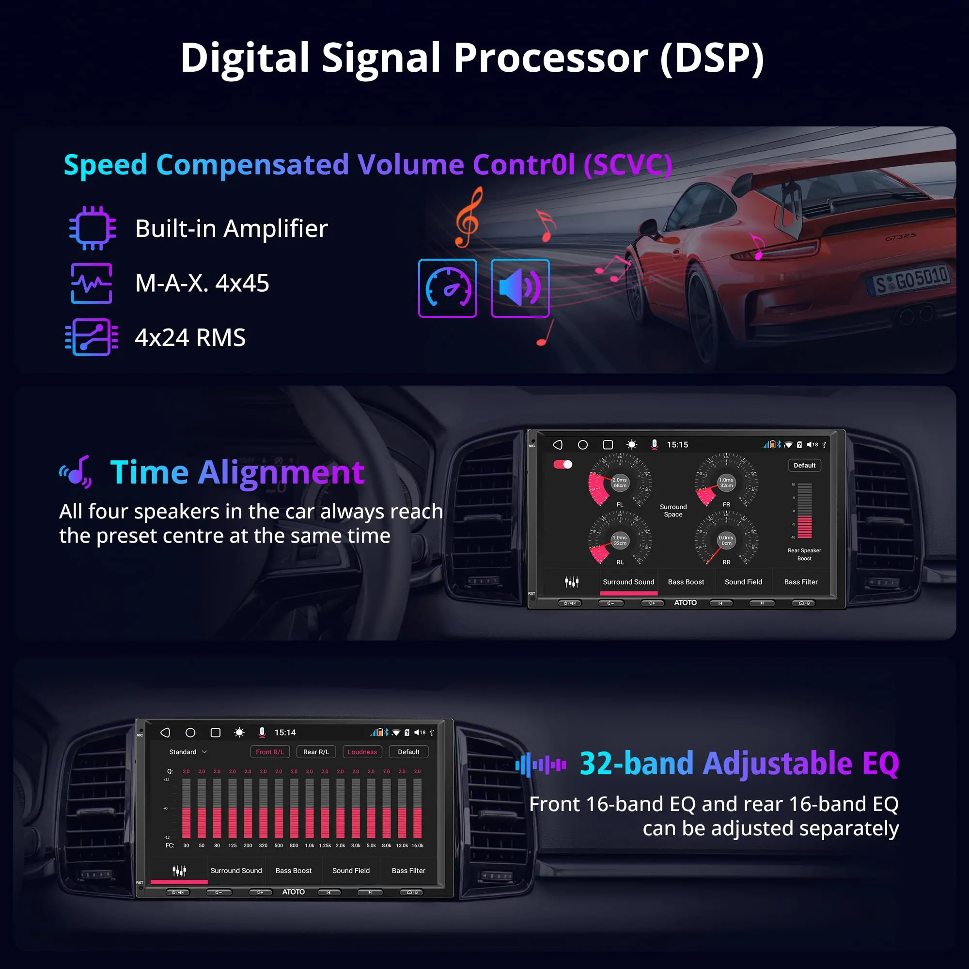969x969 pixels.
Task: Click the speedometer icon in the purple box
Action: pos(447,288)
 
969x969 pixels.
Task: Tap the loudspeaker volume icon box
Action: pos(520,288)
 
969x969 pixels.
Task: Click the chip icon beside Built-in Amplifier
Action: pos(93,228)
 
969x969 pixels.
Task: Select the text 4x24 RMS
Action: pos(190,338)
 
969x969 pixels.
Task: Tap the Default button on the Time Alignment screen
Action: pos(804,466)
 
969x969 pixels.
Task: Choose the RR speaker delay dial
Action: pos(726,540)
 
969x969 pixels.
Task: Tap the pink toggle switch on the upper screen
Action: pos(563,465)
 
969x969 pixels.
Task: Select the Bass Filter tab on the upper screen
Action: pos(800,582)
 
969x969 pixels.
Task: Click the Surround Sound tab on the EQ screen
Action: pos(236,871)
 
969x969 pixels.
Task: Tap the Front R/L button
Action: pos(270,752)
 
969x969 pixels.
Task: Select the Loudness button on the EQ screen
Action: pos(362,752)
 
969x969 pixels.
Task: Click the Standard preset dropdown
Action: pos(188,752)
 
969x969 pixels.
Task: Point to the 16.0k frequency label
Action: pos(417,845)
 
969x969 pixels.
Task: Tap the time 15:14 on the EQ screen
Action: pos(285,733)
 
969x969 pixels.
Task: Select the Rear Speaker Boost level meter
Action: pos(804,511)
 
